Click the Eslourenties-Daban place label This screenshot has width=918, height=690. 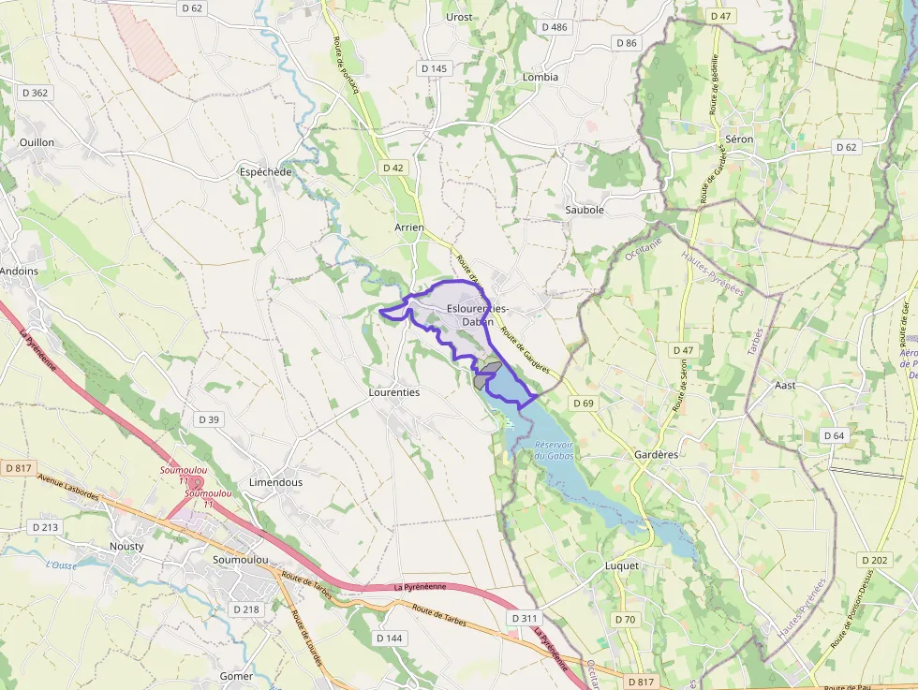tap(478, 315)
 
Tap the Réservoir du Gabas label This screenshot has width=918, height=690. tap(554, 450)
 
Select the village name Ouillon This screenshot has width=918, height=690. tap(37, 142)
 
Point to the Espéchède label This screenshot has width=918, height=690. tap(266, 172)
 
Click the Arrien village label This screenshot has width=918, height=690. tap(409, 228)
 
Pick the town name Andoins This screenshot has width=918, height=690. tap(19, 272)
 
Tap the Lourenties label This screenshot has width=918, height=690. tap(394, 392)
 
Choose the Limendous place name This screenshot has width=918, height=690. tap(275, 482)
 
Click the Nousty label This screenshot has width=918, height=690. tap(126, 546)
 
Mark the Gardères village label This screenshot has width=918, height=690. tap(655, 454)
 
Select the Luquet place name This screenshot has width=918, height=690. tap(622, 565)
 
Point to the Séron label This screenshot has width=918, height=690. tap(739, 139)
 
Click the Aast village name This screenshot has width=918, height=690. tap(785, 385)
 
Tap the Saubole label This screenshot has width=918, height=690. tap(585, 210)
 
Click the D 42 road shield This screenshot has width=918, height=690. tap(393, 168)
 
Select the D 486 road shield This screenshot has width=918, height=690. tap(555, 27)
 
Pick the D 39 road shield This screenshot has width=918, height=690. tap(208, 419)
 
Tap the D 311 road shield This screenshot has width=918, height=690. tap(525, 619)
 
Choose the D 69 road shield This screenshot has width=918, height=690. tap(582, 404)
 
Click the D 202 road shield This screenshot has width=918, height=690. tap(874, 560)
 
